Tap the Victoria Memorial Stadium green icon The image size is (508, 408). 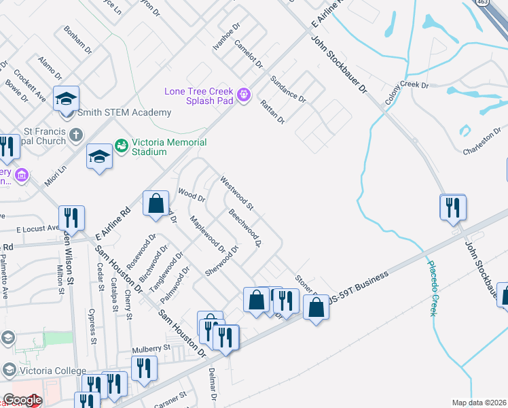tap(122, 146)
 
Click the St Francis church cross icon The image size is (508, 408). tap(76, 135)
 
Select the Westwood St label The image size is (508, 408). tap(236, 193)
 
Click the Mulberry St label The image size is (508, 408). tap(151, 347)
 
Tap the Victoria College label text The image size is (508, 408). tap(52, 371)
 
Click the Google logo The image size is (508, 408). tap(22, 401)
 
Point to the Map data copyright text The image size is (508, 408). tap(479, 403)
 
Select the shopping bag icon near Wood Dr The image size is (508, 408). tap(156, 203)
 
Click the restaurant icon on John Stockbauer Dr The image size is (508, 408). tap(453, 207)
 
